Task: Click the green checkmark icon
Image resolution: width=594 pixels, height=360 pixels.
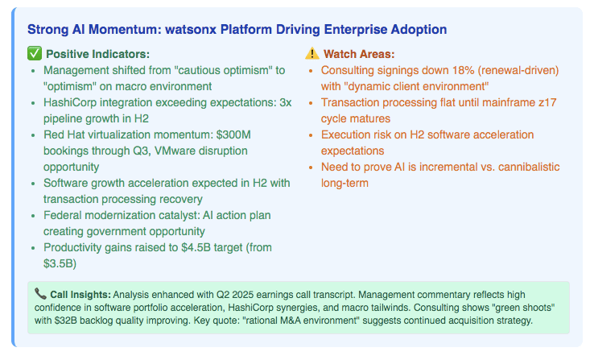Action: click(x=35, y=53)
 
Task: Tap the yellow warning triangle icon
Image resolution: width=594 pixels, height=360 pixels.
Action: click(x=312, y=53)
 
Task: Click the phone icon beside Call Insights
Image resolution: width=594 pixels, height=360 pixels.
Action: click(x=40, y=293)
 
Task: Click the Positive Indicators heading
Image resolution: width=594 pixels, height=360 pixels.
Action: click(x=97, y=54)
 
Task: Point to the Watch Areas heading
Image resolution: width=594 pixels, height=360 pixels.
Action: click(x=359, y=54)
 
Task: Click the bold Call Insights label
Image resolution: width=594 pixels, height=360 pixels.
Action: click(x=80, y=295)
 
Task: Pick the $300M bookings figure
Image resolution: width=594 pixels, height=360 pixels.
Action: click(x=233, y=134)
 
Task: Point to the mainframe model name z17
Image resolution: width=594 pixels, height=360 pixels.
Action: click(x=547, y=102)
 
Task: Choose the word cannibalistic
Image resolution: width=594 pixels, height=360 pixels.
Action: click(x=529, y=167)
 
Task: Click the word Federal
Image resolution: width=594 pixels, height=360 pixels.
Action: click(x=62, y=215)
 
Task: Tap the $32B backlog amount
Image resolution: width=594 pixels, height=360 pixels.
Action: click(x=64, y=321)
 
